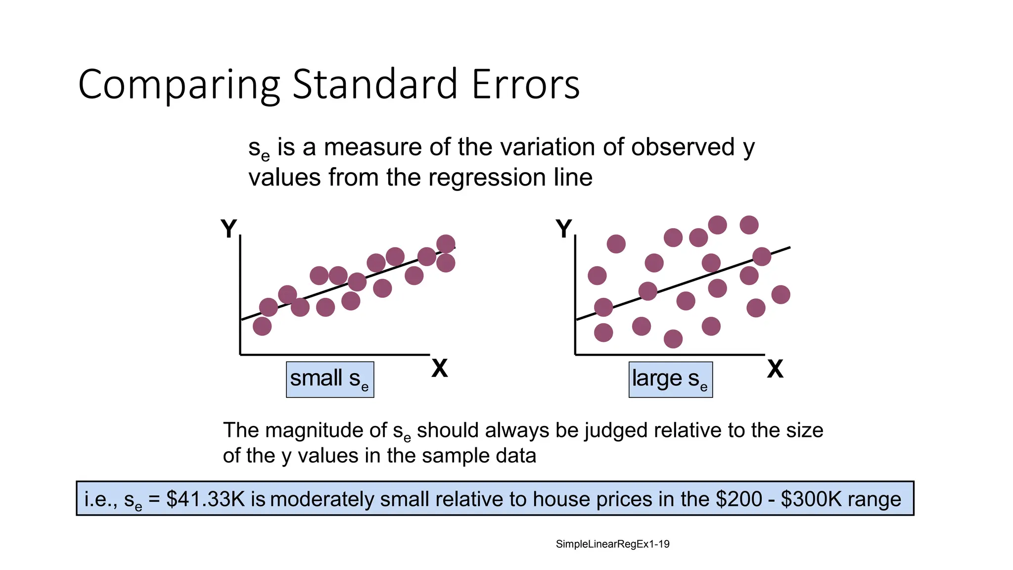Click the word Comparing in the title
(179, 85)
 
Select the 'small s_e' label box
(330, 380)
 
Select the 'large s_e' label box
(670, 380)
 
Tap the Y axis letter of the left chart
(229, 229)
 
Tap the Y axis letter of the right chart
(564, 229)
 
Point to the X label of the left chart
(439, 369)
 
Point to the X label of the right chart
(775, 369)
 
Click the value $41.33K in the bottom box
(205, 499)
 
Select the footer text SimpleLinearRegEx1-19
(612, 544)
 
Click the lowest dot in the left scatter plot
(262, 326)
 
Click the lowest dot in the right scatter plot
(673, 339)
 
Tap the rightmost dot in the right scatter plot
(781, 294)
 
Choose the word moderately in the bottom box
(322, 499)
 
